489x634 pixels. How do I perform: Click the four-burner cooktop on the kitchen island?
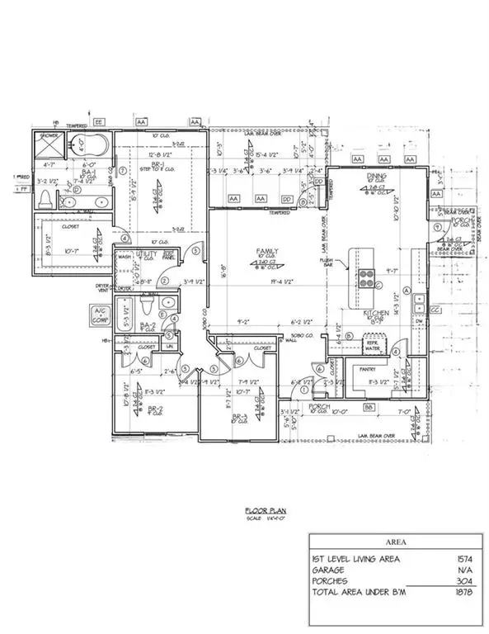[x=367, y=275]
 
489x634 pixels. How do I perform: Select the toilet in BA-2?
[x=148, y=308]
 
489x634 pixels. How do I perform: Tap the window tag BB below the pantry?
[x=370, y=408]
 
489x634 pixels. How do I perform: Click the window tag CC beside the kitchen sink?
[x=435, y=310]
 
